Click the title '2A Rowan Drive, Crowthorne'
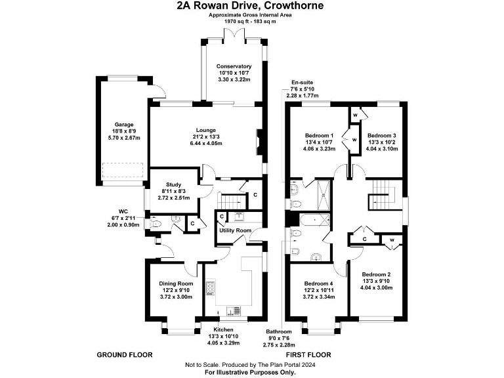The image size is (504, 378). point(250,6)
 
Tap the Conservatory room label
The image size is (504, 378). point(234,66)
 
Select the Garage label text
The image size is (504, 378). point(125,124)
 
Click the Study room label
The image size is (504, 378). point(174,184)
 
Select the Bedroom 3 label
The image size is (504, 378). point(381,135)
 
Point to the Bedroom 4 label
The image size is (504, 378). point(318,283)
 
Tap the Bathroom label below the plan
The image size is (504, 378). point(278,331)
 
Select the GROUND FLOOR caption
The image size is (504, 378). point(125,354)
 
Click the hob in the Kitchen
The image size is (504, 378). point(211,288)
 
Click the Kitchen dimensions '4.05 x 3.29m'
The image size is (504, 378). point(224,343)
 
